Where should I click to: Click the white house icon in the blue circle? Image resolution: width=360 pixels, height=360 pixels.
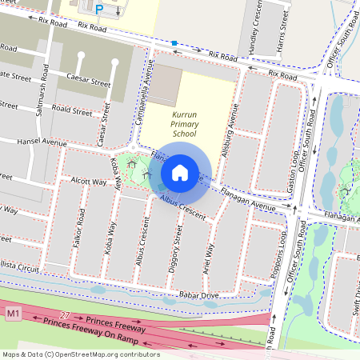click(180, 172)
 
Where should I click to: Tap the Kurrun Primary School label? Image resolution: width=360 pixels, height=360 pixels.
click(184, 125)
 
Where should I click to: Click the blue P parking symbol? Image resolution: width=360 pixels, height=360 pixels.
click(99, 9)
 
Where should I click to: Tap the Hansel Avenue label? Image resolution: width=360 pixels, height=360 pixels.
click(43, 142)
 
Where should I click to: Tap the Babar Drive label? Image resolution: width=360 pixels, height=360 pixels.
click(198, 294)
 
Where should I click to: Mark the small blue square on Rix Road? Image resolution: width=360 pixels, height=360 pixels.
click(174, 42)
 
